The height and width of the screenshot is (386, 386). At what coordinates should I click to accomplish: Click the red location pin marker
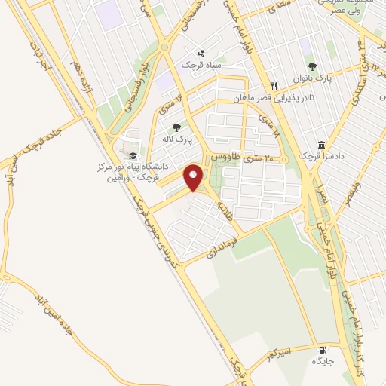194,178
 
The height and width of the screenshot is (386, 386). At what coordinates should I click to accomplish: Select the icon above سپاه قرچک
201,54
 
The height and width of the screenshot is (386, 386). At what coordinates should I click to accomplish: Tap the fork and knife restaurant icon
274,86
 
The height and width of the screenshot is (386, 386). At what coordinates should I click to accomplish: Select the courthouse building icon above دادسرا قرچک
321,144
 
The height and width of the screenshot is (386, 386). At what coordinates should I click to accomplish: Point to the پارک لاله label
179,140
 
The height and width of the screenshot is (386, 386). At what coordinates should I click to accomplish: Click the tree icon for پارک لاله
176,127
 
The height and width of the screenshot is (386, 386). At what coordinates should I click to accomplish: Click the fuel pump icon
323,350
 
